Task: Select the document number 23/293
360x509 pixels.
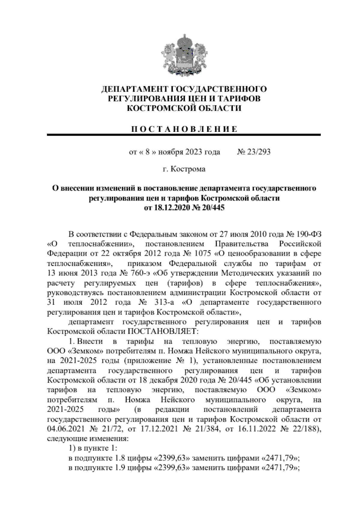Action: [x=258, y=152]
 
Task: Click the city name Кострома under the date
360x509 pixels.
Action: [x=188, y=169]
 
